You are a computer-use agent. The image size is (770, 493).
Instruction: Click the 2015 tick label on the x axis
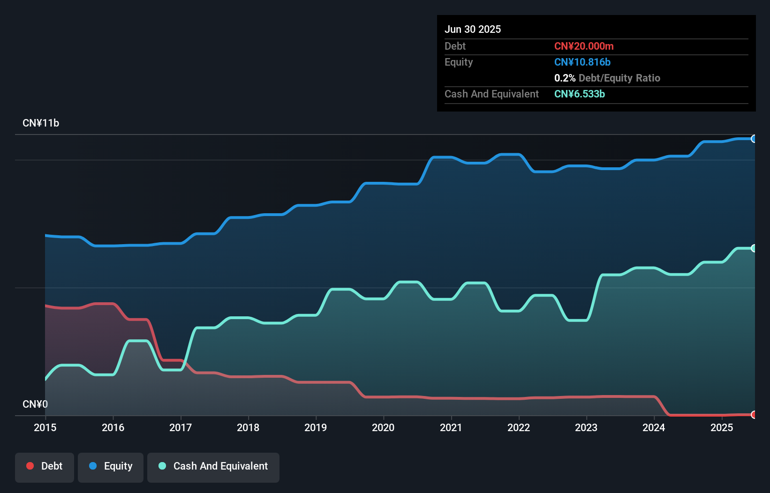[45, 427]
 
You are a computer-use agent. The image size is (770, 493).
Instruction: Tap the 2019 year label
[316, 427]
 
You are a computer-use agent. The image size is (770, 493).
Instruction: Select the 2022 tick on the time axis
[519, 427]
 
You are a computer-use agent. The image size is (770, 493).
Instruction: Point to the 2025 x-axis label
[721, 427]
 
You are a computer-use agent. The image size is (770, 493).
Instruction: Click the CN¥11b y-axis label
[41, 123]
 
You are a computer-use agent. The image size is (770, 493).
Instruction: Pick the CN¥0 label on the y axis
[35, 404]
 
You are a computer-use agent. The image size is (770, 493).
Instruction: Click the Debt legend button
[45, 466]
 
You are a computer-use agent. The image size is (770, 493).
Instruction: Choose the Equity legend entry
[111, 466]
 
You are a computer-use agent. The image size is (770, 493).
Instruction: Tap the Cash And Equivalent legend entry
[213, 466]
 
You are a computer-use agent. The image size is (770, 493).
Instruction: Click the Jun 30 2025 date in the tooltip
[473, 29]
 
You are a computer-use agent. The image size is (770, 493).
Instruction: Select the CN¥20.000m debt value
[584, 46]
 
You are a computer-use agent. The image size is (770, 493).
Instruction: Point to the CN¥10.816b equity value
[582, 62]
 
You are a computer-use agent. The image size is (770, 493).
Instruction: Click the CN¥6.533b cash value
[580, 94]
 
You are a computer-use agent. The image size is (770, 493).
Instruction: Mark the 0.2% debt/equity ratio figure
[565, 78]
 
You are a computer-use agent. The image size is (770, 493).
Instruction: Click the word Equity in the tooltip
[459, 62]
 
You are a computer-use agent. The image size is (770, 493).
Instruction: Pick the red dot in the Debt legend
[30, 466]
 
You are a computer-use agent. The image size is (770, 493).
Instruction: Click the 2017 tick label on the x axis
[181, 427]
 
